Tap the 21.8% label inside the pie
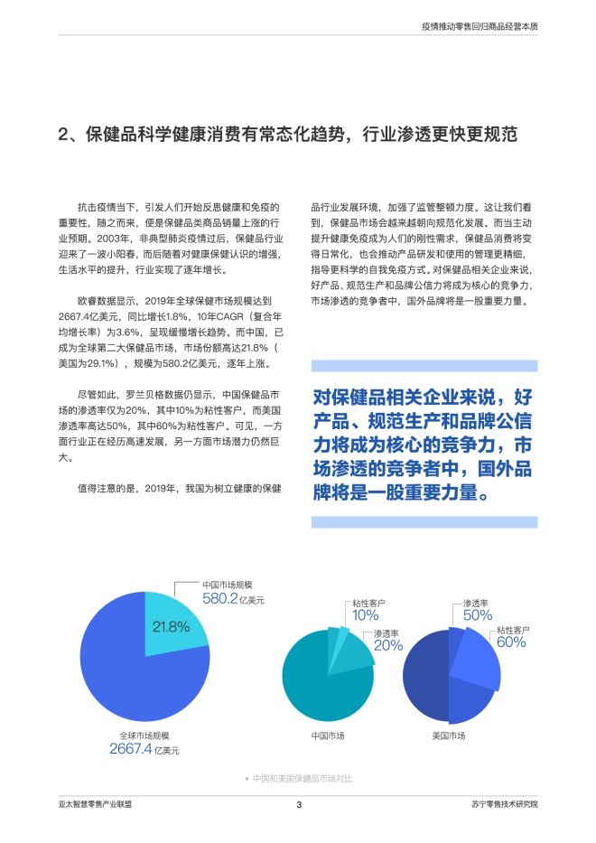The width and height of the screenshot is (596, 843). [x=171, y=625]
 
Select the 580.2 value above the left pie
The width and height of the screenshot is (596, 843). [x=219, y=598]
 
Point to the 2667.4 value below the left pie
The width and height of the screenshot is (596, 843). [x=130, y=748]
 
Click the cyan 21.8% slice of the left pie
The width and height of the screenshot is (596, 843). [x=175, y=614]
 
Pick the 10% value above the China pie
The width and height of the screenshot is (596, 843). [x=365, y=614]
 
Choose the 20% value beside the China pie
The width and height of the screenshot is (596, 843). [x=388, y=645]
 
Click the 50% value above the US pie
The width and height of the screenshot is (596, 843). [x=477, y=614]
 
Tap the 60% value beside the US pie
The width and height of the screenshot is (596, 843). [x=510, y=642]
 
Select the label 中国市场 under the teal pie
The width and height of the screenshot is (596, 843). [x=327, y=735]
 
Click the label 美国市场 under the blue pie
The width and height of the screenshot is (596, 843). [x=449, y=735]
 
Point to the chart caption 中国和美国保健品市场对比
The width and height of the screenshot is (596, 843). [x=303, y=778]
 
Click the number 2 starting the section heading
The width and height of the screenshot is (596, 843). [x=63, y=136]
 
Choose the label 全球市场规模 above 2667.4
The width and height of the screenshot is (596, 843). [x=144, y=735]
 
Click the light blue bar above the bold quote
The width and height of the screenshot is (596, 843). [x=424, y=366]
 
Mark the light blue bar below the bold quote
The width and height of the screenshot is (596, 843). [x=424, y=522]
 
